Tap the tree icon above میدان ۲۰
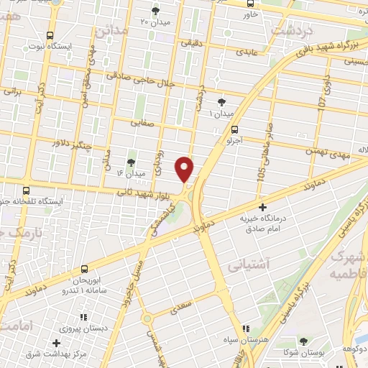[155, 10]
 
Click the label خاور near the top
[250, 14]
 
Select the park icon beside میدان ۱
[221, 102]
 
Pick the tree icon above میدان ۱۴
[130, 162]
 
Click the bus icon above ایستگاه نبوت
[50, 35]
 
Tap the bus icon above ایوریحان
[84, 268]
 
